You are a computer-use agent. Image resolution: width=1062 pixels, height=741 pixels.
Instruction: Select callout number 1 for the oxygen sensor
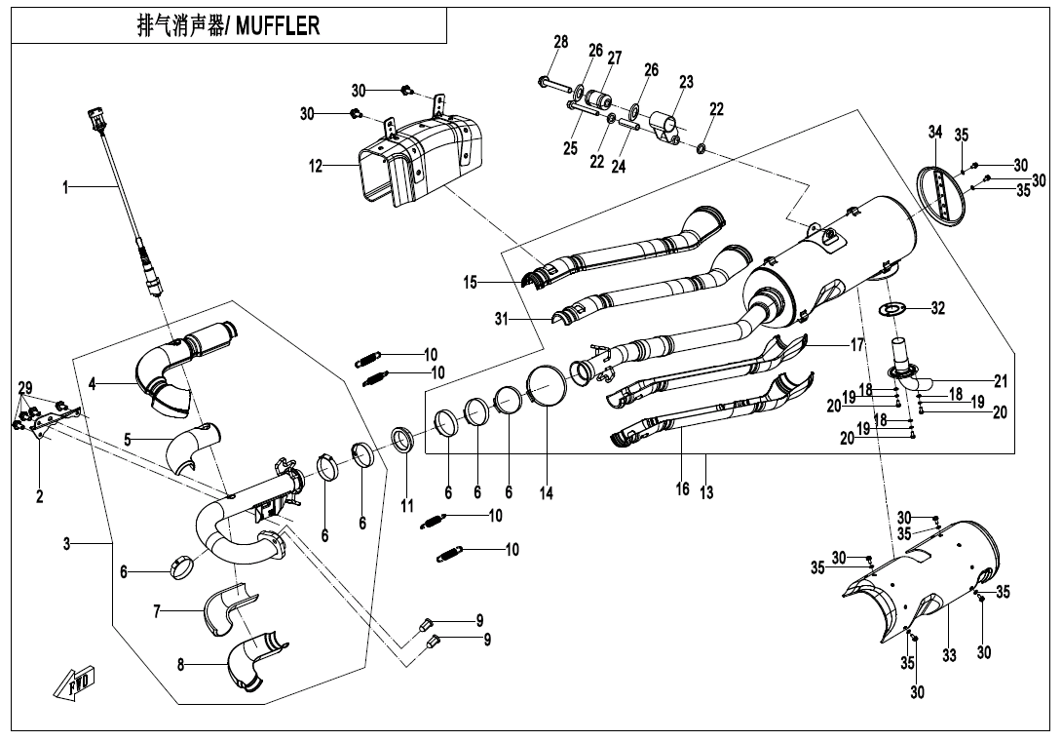click(x=66, y=187)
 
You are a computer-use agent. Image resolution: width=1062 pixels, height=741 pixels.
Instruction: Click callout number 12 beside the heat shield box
click(x=316, y=167)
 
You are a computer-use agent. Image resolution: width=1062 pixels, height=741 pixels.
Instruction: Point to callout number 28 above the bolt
click(x=560, y=42)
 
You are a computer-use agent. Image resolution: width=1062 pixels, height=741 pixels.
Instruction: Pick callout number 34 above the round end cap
click(x=935, y=132)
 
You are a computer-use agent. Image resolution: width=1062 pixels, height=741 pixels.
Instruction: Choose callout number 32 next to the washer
click(x=937, y=308)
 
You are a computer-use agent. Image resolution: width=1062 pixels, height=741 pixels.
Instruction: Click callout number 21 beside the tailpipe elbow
click(x=1001, y=381)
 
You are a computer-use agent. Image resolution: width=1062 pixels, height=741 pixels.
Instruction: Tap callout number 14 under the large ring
click(x=547, y=494)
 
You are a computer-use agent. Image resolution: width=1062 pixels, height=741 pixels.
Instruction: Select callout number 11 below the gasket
click(x=407, y=506)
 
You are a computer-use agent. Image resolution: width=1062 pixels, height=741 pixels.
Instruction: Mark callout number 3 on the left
click(x=66, y=544)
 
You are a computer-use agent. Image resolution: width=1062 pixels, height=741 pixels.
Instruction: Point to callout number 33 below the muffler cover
click(x=948, y=656)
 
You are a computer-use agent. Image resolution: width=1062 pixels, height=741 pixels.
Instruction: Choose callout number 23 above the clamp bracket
click(x=686, y=83)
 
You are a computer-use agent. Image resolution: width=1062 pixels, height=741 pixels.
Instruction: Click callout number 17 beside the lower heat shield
click(x=857, y=344)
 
